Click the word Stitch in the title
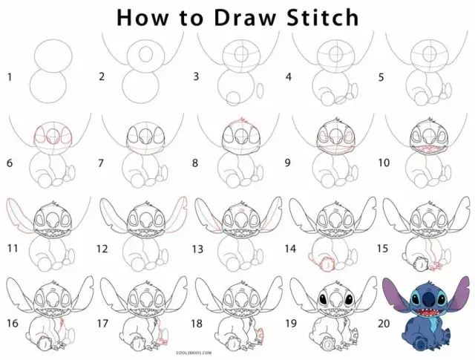coord(323,17)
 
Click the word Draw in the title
coord(246,18)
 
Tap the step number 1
coord(10,77)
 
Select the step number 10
coord(384,163)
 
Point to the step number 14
coord(290,249)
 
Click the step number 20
coord(384,324)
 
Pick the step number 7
coord(101,163)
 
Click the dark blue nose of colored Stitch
coord(428,299)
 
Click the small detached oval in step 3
coord(260,91)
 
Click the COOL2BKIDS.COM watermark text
coord(194,353)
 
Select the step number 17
coord(102,324)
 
